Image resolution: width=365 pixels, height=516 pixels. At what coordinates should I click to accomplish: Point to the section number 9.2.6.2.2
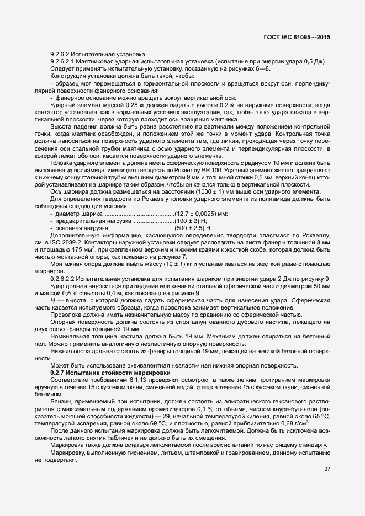[67, 279]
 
